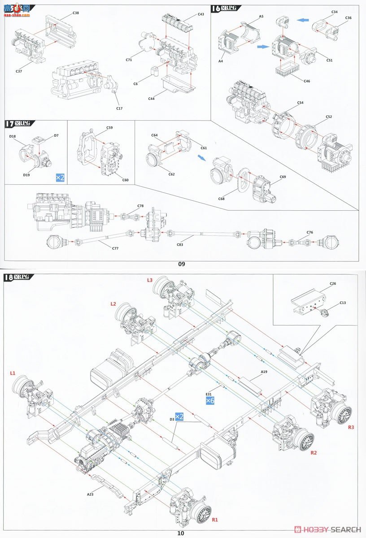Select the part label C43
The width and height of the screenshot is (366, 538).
[x=200, y=14]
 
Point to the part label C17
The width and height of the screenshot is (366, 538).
[x=119, y=108]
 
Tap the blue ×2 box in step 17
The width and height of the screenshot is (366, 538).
[x=60, y=178]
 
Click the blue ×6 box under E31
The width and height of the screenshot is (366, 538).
[x=210, y=400]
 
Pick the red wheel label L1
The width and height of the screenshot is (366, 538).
[x=13, y=373]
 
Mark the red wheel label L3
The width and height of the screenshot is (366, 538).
[x=150, y=280]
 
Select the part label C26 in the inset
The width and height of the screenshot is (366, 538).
[x=332, y=284]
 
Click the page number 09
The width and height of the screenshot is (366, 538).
[x=181, y=264]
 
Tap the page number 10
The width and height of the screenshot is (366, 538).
[x=180, y=533]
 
